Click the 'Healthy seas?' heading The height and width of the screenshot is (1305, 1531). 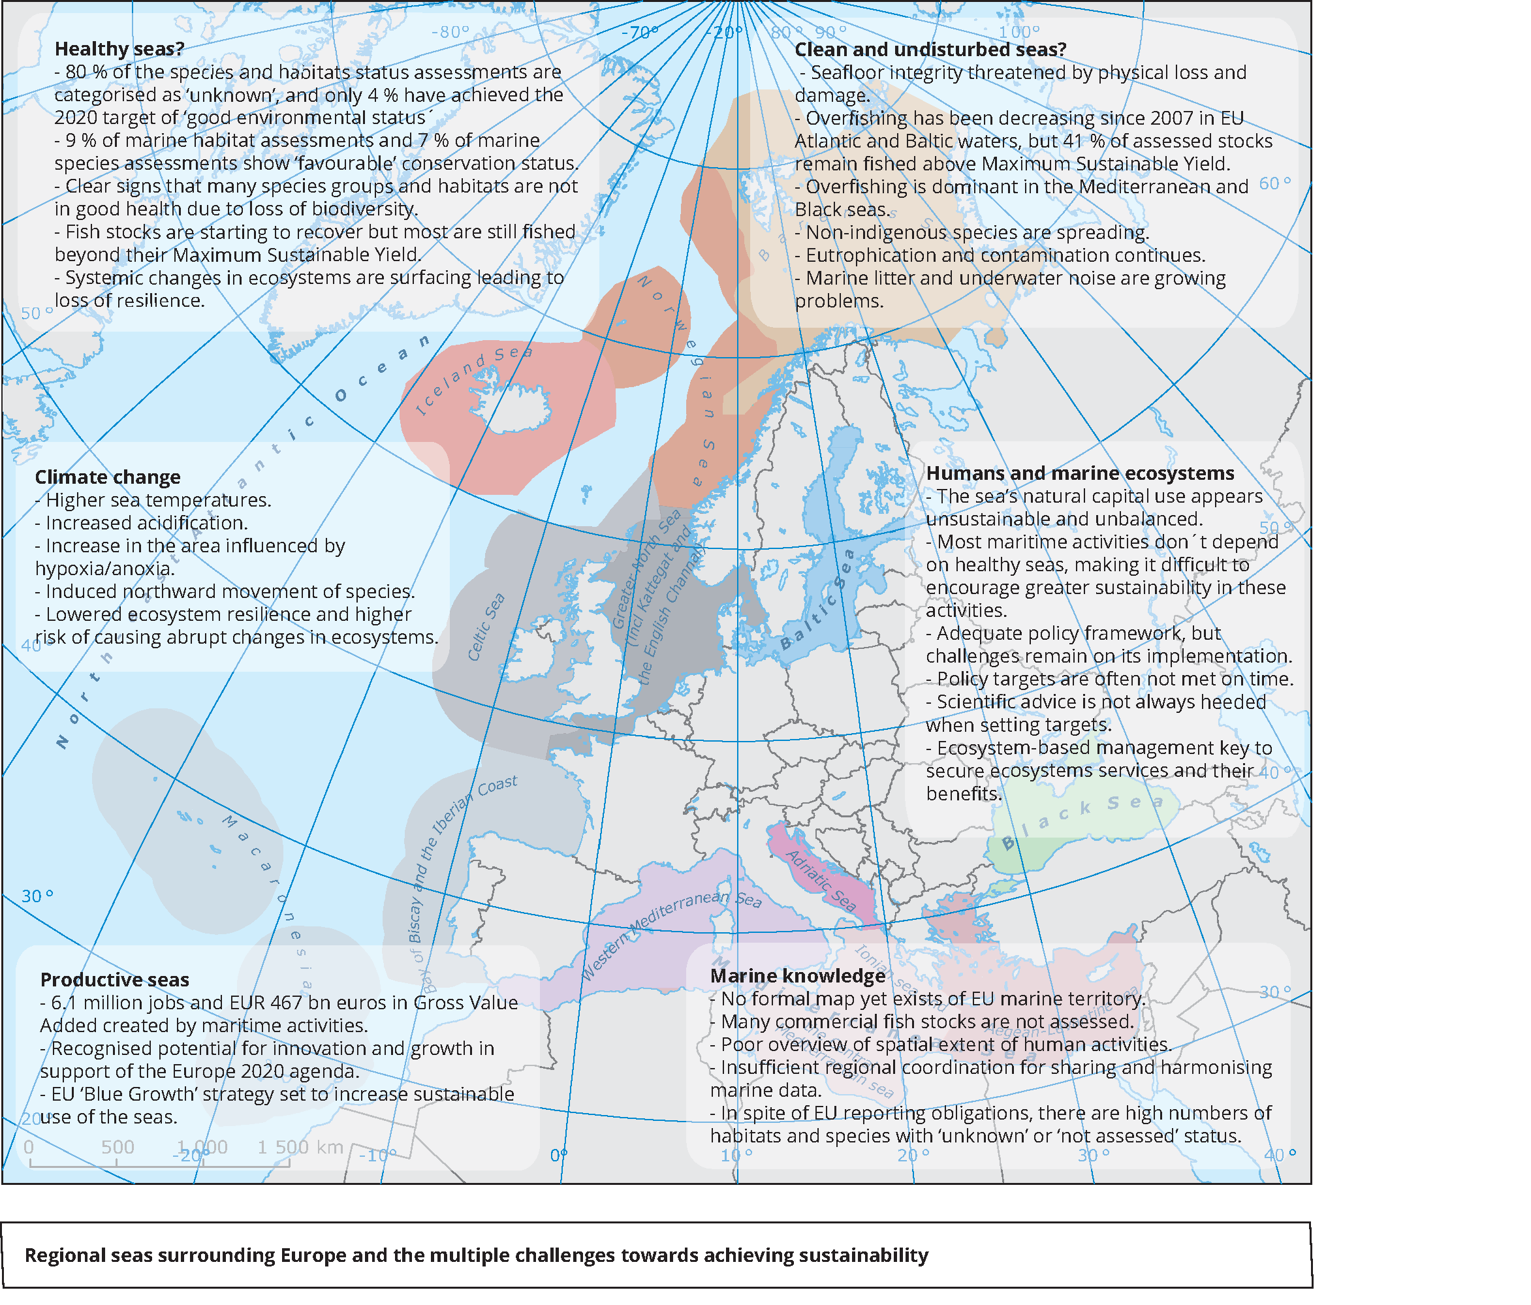(x=119, y=49)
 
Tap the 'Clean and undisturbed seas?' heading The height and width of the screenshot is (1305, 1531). (x=930, y=50)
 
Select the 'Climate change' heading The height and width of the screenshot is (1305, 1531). (x=108, y=477)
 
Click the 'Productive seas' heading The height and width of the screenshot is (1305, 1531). (x=114, y=980)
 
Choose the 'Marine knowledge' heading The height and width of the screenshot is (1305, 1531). (x=798, y=976)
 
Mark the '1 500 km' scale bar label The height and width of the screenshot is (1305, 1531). (x=300, y=1147)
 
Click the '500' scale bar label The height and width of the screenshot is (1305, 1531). (x=118, y=1147)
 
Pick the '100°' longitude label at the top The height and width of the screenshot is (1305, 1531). (x=1019, y=32)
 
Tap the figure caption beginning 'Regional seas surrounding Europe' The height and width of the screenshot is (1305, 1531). (x=477, y=1255)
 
